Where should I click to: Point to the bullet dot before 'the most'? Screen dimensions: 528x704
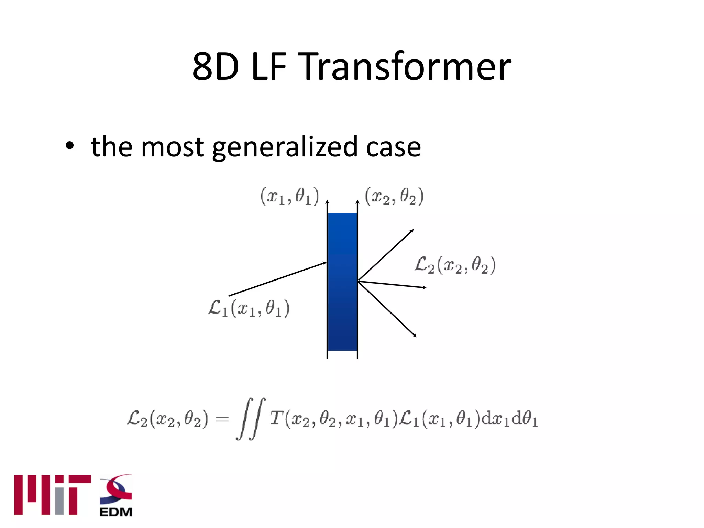click(x=70, y=146)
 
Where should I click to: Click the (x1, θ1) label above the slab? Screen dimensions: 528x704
click(x=289, y=197)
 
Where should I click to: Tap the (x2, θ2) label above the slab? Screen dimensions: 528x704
click(x=394, y=197)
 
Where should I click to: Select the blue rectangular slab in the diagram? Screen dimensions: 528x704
click(x=342, y=282)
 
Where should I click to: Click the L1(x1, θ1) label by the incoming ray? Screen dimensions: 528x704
click(x=249, y=308)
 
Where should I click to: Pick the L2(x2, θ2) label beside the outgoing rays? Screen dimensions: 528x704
click(x=455, y=265)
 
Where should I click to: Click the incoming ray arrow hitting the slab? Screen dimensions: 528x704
click(x=277, y=279)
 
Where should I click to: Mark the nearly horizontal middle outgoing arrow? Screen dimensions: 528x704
click(x=392, y=285)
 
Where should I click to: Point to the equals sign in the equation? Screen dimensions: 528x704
click(x=222, y=419)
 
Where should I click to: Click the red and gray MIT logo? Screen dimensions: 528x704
click(x=52, y=495)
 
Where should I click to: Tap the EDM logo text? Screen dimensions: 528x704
click(x=116, y=512)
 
